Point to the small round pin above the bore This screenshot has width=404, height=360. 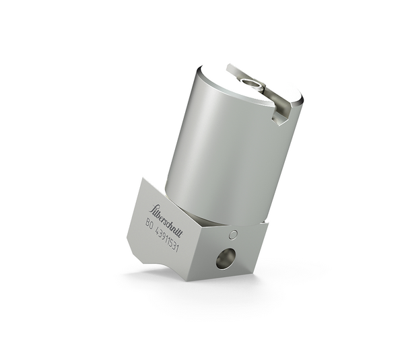coord(233,235)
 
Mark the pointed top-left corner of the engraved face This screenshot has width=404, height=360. coord(143,178)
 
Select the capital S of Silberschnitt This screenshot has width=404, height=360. coord(152,200)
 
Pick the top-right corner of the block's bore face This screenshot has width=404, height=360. coord(267,223)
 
